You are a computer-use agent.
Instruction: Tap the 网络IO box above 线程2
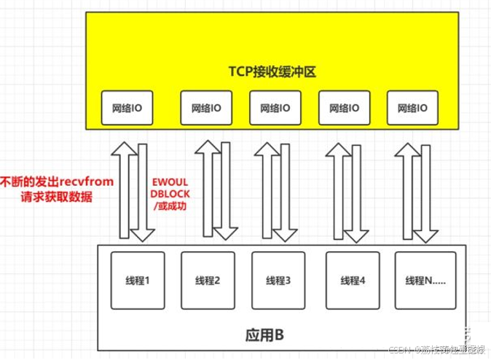(206, 107)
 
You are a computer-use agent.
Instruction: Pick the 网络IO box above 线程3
(274, 107)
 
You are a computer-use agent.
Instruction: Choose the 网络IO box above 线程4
(343, 107)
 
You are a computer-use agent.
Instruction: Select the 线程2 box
(208, 280)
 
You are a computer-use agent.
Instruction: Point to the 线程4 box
(353, 280)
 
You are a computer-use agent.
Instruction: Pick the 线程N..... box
(425, 280)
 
